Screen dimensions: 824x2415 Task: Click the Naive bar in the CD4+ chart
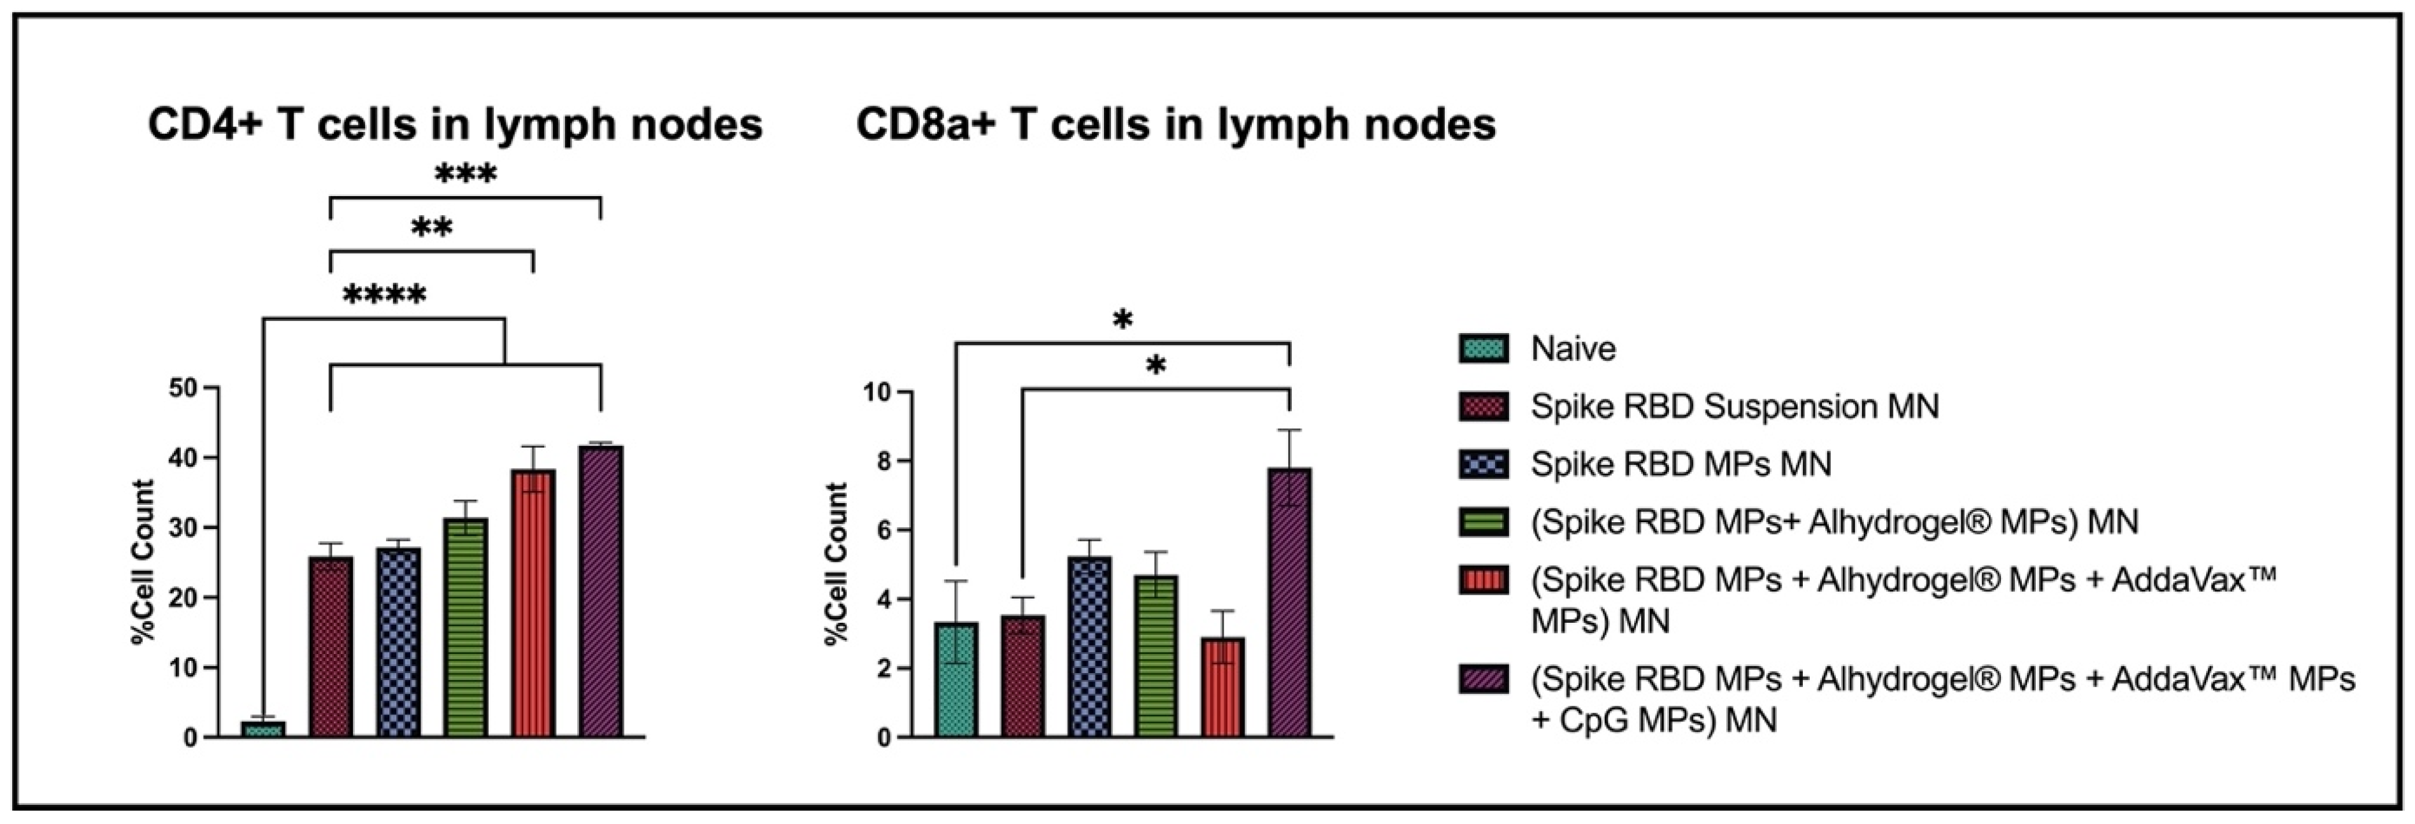click(262, 728)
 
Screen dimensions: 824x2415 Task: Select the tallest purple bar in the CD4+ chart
click(601, 590)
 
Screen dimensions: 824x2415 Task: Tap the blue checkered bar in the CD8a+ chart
click(1089, 647)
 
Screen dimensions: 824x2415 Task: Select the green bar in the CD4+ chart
click(466, 627)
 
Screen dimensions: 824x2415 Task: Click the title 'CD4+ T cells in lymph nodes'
click(455, 125)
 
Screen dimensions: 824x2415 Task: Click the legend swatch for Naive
click(1483, 349)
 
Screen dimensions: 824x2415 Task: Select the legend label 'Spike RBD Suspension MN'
click(1735, 406)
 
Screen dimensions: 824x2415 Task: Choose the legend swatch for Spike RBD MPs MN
click(1483, 464)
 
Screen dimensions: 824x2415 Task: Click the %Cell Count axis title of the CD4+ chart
click(143, 562)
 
